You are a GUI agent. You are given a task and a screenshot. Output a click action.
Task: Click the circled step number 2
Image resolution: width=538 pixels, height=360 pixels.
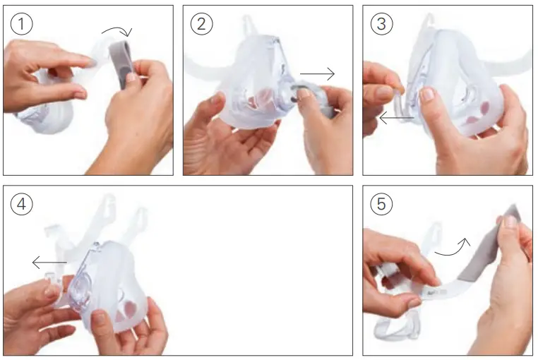(202, 23)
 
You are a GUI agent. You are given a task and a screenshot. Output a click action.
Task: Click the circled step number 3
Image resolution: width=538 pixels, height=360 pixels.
(382, 23)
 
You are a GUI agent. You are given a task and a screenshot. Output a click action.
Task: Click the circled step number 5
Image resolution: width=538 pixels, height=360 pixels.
(382, 204)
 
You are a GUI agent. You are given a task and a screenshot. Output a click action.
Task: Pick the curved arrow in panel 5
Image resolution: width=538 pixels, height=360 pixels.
(452, 246)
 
